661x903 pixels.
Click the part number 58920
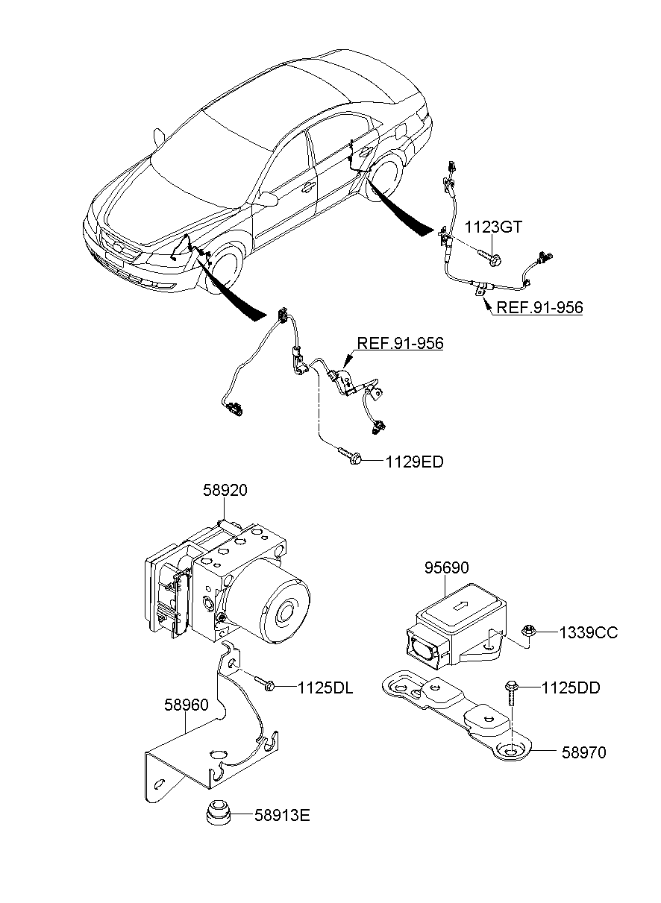pyautogui.click(x=225, y=491)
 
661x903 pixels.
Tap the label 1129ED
pyautogui.click(x=414, y=462)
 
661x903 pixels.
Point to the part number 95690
pyautogui.click(x=448, y=568)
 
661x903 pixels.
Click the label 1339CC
pyautogui.click(x=588, y=633)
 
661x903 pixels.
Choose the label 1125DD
pyautogui.click(x=570, y=687)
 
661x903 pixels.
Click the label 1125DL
pyautogui.click(x=325, y=687)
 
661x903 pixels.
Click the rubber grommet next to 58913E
pyautogui.click(x=218, y=812)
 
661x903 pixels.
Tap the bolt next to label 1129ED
pyautogui.click(x=351, y=456)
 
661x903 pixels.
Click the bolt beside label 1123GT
pyautogui.click(x=492, y=257)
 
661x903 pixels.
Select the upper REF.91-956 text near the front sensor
pyautogui.click(x=400, y=344)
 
